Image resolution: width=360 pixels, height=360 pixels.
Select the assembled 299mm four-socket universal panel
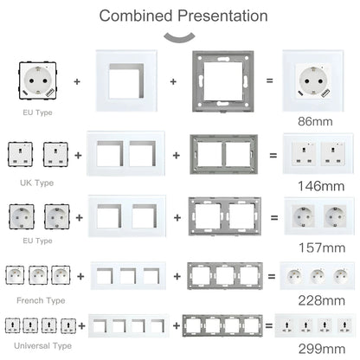coord(312,327)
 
